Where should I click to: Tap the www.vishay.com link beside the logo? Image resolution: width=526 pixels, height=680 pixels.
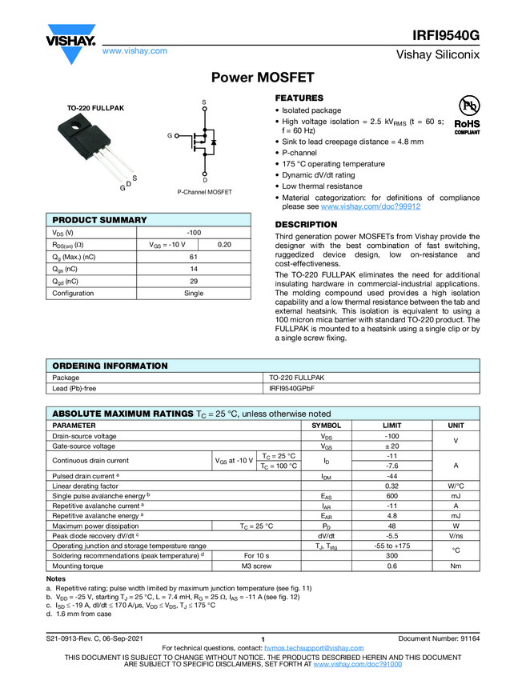pos(135,50)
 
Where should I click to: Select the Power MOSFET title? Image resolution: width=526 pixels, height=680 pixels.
pos(263,78)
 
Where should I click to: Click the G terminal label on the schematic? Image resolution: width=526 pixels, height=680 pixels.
pos(170,136)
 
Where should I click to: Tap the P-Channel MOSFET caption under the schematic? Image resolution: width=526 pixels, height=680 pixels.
pos(204,192)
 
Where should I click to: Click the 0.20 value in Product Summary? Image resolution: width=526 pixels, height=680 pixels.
pos(225,244)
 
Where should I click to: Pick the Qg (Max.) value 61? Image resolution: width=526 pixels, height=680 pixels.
pos(193,257)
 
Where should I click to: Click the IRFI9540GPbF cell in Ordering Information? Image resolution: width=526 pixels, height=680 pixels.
pos(292,389)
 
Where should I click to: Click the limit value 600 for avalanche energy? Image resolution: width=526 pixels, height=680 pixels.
pos(392,496)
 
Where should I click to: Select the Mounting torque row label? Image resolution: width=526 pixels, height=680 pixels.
pos(78,566)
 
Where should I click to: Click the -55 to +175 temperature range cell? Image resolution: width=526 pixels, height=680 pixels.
pos(392,546)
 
